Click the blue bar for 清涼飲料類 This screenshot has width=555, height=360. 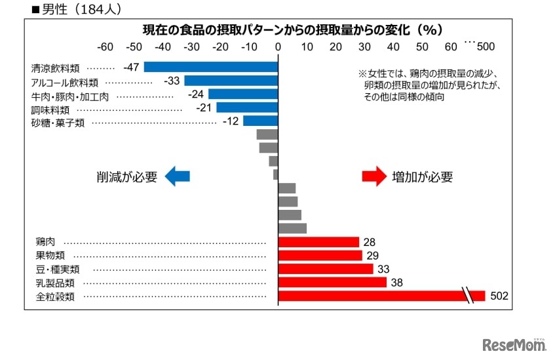[211, 67]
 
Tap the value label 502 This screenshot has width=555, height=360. [499, 296]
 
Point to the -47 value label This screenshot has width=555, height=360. [132, 67]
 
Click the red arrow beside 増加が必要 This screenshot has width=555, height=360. [375, 176]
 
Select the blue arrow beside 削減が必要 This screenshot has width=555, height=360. [177, 176]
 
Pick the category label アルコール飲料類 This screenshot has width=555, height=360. [65, 83]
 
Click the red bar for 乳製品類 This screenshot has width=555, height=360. [332, 283]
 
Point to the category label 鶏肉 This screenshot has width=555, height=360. [45, 243]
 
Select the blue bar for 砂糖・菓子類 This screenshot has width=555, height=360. [260, 121]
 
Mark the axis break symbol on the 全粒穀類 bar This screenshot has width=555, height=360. [469, 296]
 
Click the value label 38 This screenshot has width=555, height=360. [397, 283]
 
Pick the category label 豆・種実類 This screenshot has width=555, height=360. [57, 270]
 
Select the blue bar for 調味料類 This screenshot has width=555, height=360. [247, 108]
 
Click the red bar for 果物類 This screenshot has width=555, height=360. [320, 256]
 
